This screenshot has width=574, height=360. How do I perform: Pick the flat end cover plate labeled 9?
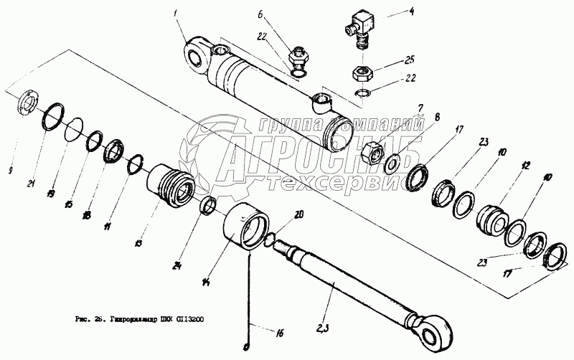(x=29, y=105)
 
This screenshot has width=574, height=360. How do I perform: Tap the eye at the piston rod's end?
(x=436, y=332)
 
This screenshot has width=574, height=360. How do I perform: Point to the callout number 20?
(x=299, y=214)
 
